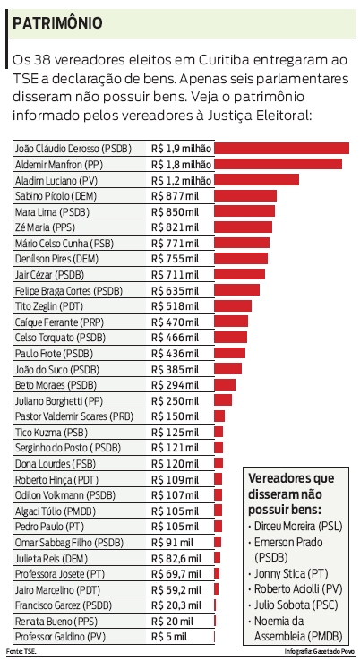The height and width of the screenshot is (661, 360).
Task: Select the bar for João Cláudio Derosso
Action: (282, 148)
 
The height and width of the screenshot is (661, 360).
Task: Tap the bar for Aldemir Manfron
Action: (279, 164)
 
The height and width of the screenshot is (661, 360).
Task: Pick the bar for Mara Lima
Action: (244, 211)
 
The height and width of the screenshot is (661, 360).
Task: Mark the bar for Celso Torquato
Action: (231, 337)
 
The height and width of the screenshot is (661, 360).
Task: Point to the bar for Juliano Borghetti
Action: (223, 400)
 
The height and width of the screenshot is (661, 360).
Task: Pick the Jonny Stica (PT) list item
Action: (292, 572)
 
